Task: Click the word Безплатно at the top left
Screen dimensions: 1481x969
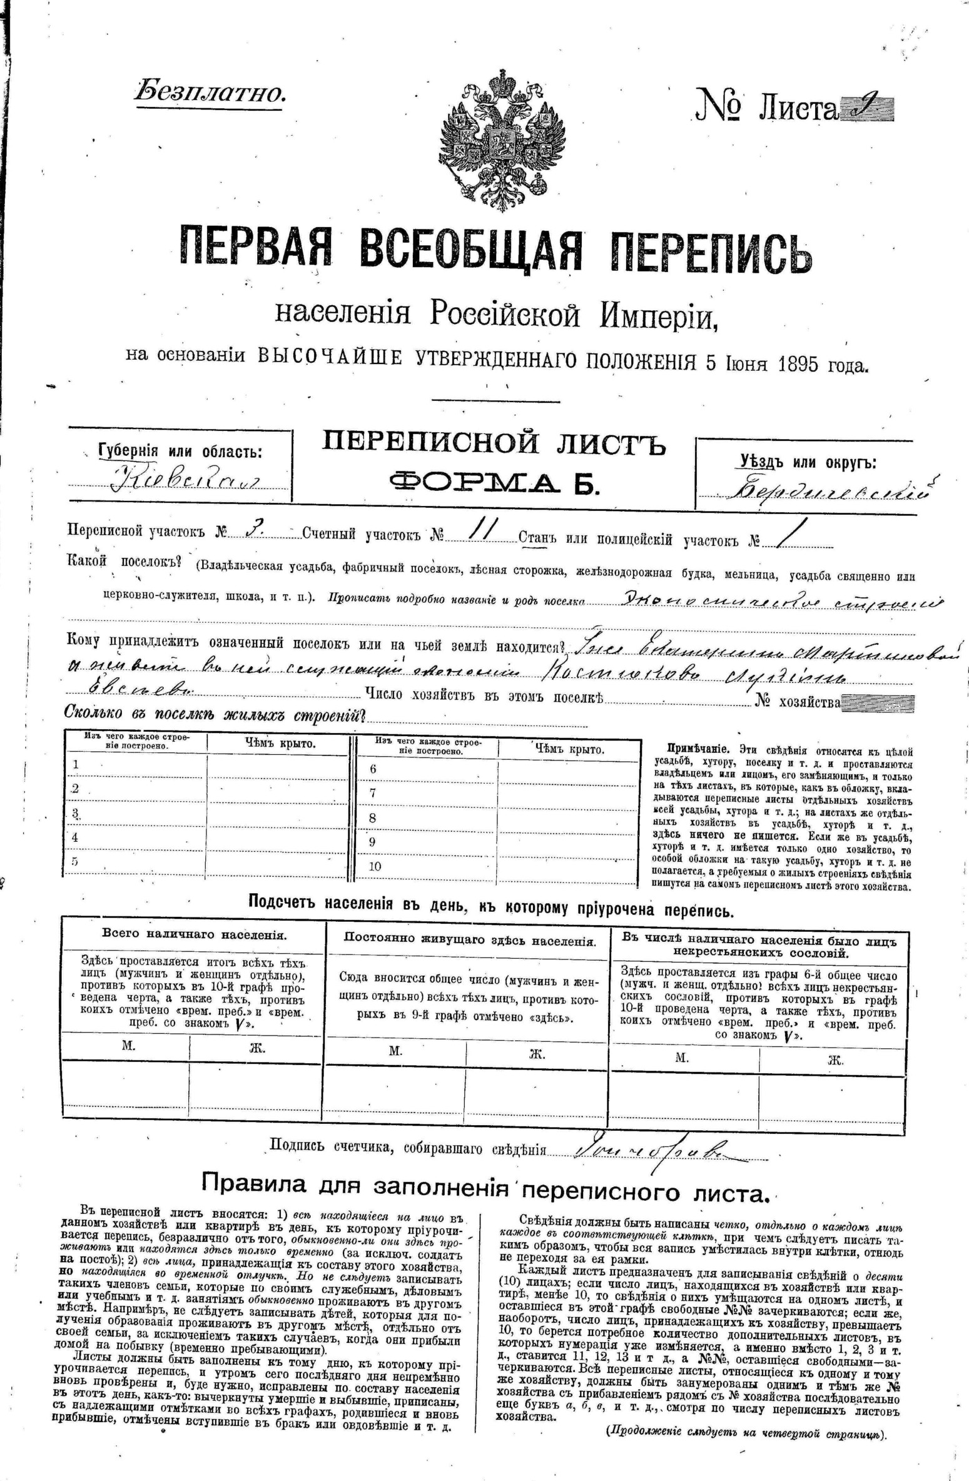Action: coord(210,92)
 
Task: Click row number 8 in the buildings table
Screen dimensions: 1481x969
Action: coord(373,818)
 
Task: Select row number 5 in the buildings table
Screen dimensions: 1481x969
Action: coord(75,861)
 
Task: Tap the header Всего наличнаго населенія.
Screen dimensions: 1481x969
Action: coord(194,935)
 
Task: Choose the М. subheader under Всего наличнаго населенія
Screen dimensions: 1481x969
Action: coord(128,1046)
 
